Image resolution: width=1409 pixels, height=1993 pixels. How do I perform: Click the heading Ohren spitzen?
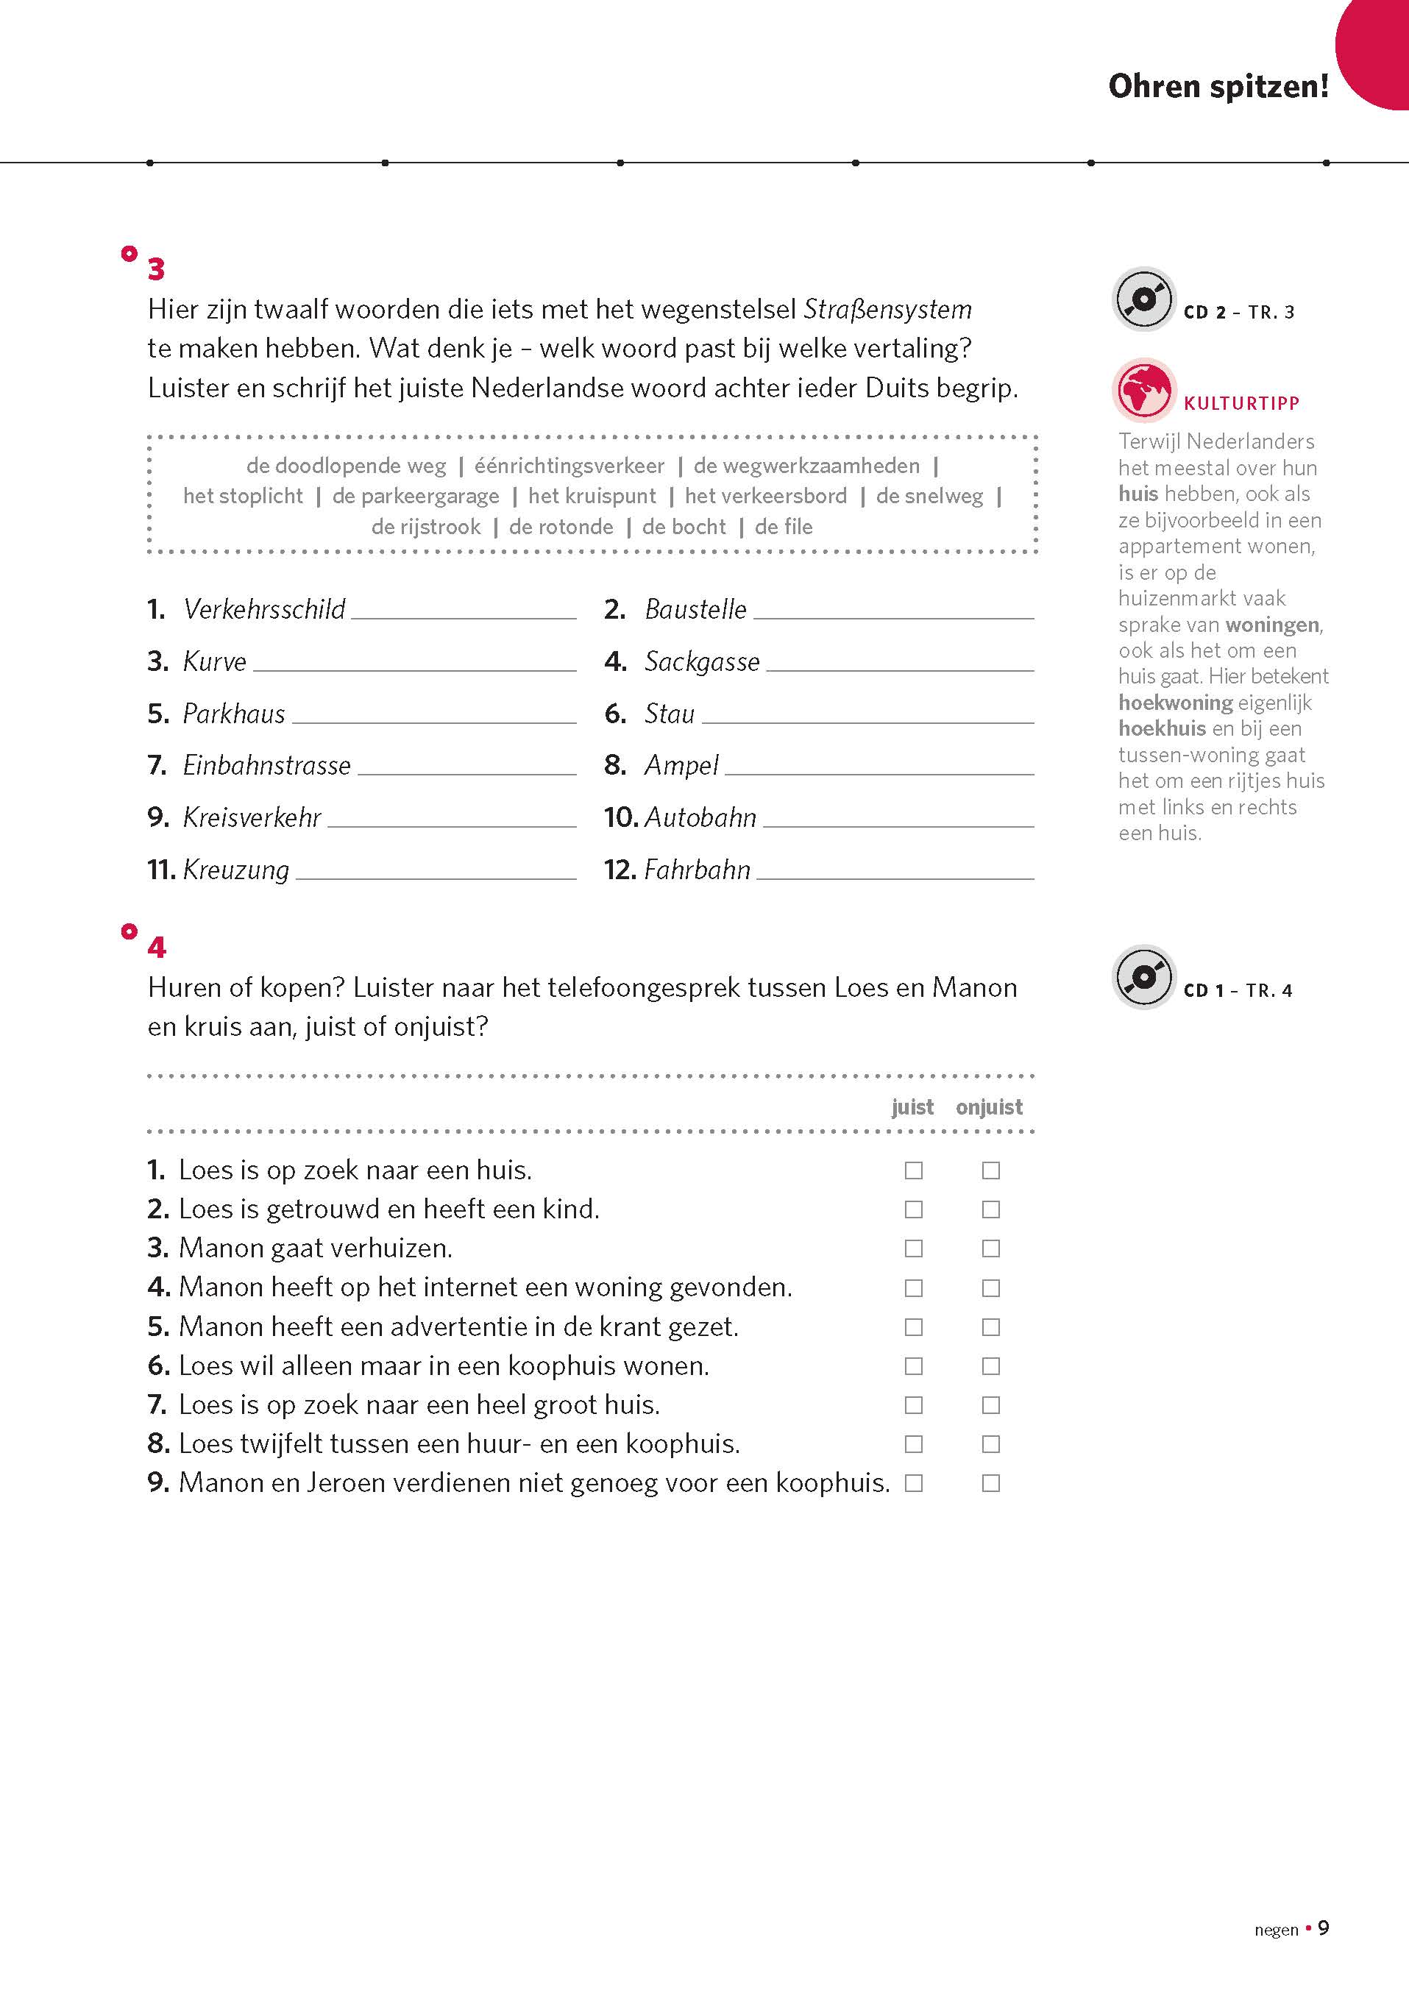point(1218,86)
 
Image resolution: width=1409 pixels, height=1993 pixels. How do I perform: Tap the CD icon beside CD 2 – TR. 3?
point(1143,299)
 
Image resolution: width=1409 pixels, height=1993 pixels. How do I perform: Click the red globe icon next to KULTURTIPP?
point(1143,390)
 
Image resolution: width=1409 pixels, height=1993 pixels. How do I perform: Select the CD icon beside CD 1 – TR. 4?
point(1143,978)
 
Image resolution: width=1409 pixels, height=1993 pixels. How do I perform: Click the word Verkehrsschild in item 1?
point(264,609)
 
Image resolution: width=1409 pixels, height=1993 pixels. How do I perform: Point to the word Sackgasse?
point(701,661)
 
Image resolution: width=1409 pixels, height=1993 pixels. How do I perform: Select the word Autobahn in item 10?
point(700,817)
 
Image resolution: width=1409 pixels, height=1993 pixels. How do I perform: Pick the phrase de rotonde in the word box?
point(561,527)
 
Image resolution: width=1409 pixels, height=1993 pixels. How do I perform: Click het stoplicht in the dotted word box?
point(243,497)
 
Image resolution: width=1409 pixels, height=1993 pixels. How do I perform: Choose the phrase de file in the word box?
point(783,527)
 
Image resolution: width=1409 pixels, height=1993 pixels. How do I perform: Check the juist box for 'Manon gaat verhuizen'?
point(913,1249)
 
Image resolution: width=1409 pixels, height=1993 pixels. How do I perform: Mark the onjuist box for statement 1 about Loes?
point(990,1171)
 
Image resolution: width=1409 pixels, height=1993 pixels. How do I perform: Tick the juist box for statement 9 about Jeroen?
point(913,1483)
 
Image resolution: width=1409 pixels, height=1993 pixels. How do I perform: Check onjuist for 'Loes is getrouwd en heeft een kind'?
point(990,1210)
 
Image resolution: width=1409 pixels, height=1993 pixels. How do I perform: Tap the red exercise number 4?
point(156,947)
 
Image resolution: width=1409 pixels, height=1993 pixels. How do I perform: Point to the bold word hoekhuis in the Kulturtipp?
point(1162,728)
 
